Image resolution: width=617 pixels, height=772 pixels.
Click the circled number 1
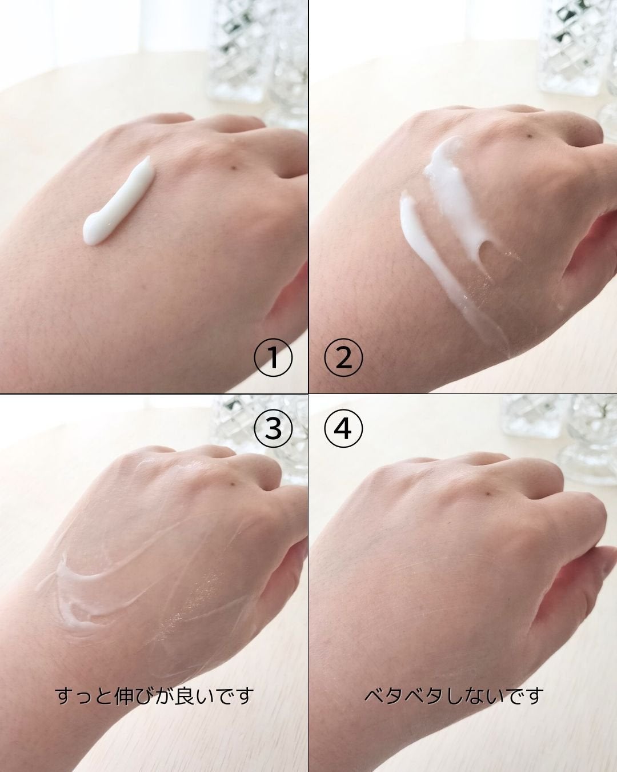point(273,357)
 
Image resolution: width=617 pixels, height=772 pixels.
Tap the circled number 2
point(343,357)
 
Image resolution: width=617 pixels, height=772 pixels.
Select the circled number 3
point(273,428)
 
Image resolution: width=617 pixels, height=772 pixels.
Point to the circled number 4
point(343,428)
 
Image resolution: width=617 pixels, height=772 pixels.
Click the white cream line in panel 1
point(118,202)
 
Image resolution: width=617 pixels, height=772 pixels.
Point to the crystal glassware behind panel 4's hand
point(559,437)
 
